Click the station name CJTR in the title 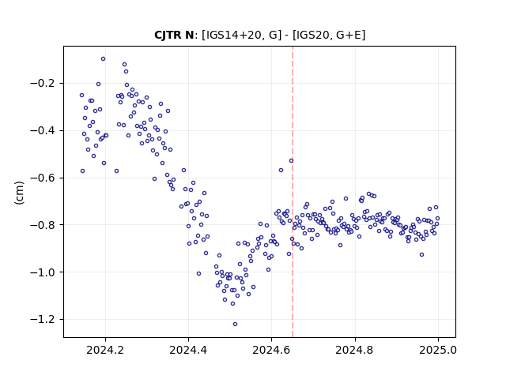pos(168,35)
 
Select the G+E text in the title pos(348,35)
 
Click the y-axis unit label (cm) pos(19,193)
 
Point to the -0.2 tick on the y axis pos(43,84)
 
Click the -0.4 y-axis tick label pos(43,131)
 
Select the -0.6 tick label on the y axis pos(43,178)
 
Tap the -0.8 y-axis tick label pos(43,225)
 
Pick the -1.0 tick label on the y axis pos(43,272)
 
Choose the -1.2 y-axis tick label pos(43,319)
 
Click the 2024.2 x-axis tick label pos(105,350)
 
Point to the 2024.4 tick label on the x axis pos(188,350)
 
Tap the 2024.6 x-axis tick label pos(271,350)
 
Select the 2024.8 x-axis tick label pos(355,350)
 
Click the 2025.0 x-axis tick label pos(438,350)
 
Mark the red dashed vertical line pos(293,192)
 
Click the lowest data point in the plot pos(235,324)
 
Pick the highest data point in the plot pos(103,58)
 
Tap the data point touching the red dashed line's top pos(291,160)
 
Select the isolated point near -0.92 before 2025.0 pos(421,254)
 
